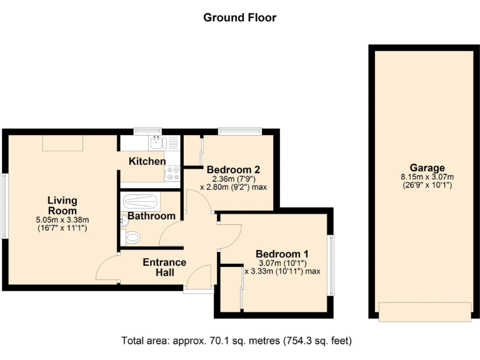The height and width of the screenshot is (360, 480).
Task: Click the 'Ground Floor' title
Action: [239, 17]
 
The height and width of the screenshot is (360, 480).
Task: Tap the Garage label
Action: [427, 167]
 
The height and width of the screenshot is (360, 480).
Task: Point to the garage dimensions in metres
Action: [427, 177]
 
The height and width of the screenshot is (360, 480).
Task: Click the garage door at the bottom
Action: [424, 311]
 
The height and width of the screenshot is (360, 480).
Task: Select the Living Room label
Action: [62, 205]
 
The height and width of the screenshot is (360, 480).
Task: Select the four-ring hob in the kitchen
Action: [173, 172]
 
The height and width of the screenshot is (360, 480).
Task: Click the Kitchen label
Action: [147, 161]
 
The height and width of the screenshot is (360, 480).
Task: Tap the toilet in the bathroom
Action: [132, 238]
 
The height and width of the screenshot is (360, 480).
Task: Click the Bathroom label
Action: [151, 216]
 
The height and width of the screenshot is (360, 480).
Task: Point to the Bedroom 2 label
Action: [233, 169]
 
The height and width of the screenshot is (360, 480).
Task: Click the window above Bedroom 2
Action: [234, 131]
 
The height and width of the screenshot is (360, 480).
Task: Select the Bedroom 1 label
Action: [282, 254]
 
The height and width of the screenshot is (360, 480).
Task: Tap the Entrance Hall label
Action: [164, 267]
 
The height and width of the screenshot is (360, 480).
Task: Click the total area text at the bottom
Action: [236, 341]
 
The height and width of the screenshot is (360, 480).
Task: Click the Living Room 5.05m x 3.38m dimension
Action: [62, 219]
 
